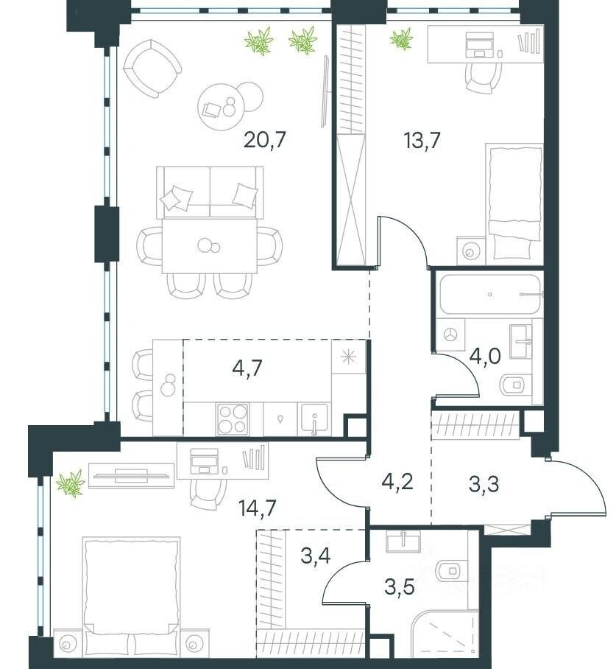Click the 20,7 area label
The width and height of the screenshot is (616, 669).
264,139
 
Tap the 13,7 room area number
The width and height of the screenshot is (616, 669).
422,139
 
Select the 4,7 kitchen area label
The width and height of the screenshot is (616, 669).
247,366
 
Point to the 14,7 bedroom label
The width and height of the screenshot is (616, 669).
258,508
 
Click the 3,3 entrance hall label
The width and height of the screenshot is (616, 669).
484,484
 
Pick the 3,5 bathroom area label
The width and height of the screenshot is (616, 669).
400,586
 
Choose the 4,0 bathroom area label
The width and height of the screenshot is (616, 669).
485,355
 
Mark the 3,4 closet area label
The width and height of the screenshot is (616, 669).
316,556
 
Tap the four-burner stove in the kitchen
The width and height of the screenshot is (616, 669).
233,419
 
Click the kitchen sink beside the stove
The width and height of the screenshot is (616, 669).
314,419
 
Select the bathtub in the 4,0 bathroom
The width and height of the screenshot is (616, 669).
490,295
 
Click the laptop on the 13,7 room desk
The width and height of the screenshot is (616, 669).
480,45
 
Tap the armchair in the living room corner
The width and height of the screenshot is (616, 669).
152,68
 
